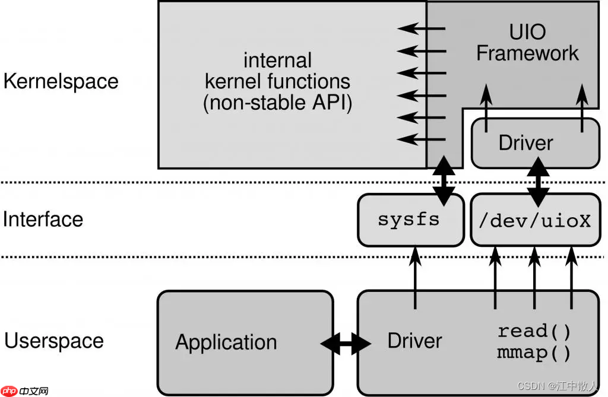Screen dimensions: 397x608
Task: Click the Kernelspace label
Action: [x=61, y=81]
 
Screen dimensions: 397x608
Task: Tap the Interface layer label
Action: [x=43, y=219]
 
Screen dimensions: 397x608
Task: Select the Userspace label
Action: [x=54, y=341]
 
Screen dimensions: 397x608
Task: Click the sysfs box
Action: [x=409, y=220]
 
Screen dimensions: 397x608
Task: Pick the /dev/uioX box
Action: [x=535, y=220]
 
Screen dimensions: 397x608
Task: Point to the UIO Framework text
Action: [x=527, y=42]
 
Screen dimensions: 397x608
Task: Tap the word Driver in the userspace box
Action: [x=414, y=341]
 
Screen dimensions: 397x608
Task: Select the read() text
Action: [x=534, y=331]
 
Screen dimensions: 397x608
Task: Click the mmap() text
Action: [x=534, y=354]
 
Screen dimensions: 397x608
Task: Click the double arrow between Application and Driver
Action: [x=345, y=342]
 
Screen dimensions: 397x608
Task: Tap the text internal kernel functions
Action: [x=277, y=71]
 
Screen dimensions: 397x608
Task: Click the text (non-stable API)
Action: [x=277, y=103]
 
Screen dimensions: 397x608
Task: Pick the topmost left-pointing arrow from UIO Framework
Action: [x=422, y=28]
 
